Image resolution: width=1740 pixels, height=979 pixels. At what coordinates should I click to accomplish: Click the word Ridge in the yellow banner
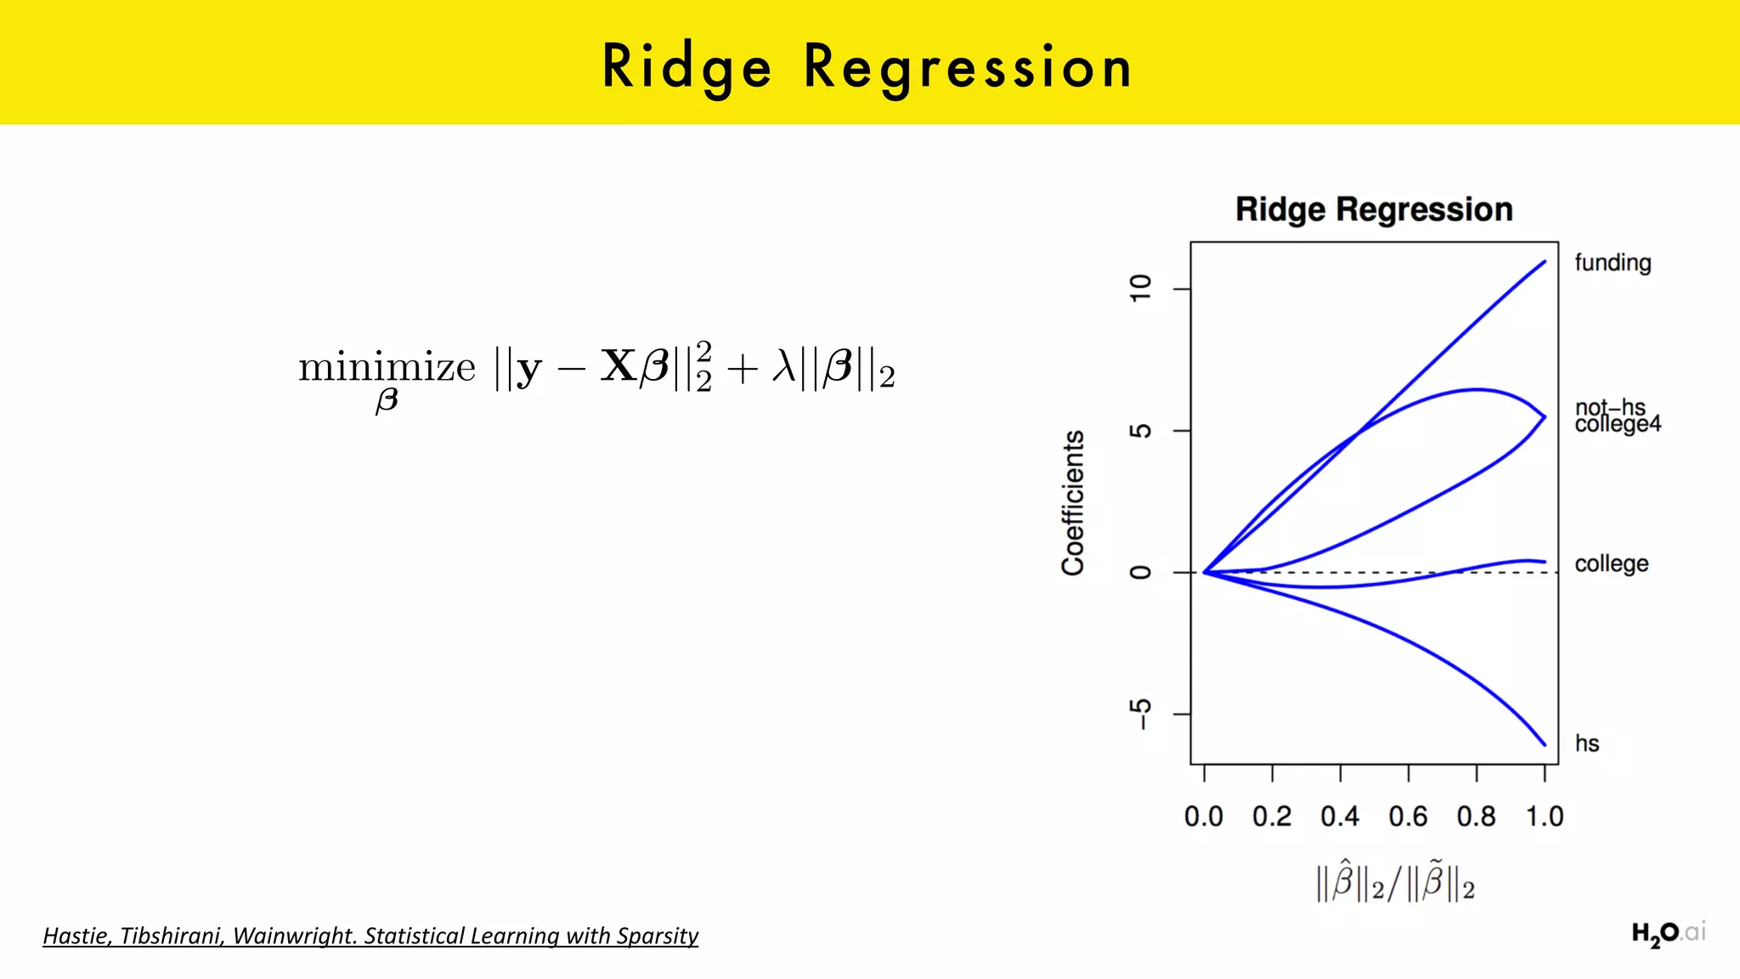coord(686,66)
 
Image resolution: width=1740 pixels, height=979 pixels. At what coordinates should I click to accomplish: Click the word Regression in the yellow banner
coord(968,66)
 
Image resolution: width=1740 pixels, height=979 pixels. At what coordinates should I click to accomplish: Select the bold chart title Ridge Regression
coord(1373,209)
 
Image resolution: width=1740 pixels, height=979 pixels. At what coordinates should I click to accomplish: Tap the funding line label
coord(1612,263)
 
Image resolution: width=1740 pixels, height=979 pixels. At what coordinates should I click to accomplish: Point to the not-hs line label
coord(1609,406)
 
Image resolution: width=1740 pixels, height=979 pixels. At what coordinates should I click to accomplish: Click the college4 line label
coord(1617,424)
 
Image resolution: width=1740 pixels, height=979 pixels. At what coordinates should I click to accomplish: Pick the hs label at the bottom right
coord(1586,744)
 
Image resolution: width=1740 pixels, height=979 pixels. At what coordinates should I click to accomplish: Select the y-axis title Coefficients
coord(1073,503)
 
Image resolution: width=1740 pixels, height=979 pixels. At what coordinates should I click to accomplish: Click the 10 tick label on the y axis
coord(1140,288)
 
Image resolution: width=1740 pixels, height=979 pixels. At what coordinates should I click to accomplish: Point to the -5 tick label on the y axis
coord(1140,714)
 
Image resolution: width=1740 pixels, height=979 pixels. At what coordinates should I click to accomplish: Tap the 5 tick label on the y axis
coord(1140,431)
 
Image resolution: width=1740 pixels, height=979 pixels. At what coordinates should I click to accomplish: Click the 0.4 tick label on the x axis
coord(1339,817)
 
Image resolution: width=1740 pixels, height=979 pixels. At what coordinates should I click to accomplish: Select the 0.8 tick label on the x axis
coord(1476,817)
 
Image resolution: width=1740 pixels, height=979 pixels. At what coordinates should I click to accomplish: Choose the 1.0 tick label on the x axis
coord(1544,817)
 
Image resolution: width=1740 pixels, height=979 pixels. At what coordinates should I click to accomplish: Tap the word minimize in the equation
coord(387,367)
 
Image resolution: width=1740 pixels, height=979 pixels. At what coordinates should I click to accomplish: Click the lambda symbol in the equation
coord(783,367)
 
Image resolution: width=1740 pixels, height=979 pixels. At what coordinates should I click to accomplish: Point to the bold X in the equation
coord(619,366)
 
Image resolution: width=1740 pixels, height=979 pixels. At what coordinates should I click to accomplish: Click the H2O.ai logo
coord(1667,934)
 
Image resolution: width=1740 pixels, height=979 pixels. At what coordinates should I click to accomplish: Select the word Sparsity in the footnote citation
coord(658,936)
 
